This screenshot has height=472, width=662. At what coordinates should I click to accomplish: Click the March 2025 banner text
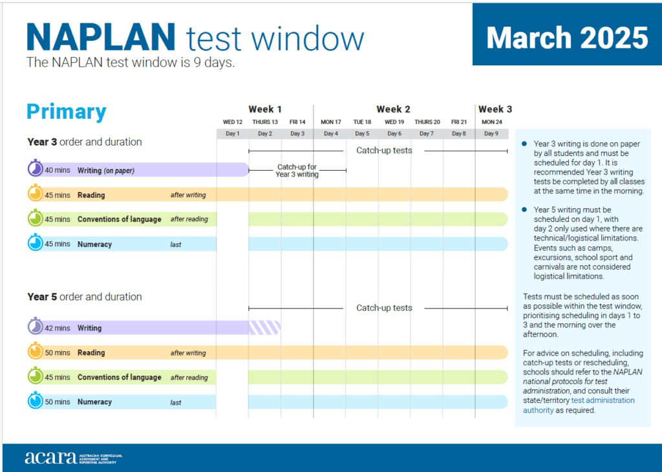567,38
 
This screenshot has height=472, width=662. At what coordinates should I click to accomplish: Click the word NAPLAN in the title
101,38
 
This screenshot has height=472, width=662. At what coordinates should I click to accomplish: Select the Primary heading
66,112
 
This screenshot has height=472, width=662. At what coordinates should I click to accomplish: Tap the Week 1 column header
265,109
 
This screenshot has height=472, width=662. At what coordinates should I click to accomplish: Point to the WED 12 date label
233,122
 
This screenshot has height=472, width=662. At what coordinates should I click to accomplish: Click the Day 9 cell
491,134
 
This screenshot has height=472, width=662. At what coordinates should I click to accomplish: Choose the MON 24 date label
491,122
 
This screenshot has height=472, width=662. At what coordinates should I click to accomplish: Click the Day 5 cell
362,134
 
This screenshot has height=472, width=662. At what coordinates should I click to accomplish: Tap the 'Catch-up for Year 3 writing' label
297,171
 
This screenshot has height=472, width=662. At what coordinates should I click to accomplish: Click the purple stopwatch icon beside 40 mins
35,169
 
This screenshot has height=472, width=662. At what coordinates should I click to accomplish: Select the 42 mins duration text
58,328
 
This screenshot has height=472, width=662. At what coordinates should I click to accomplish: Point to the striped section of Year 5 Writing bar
264,327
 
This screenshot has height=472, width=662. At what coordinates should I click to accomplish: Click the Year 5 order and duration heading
84,297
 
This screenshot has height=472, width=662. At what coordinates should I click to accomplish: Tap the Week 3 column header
495,109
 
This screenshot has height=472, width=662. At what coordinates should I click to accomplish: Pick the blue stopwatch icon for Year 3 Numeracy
35,244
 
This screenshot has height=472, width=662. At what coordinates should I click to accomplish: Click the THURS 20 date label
427,122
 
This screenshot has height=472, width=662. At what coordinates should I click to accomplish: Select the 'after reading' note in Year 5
189,378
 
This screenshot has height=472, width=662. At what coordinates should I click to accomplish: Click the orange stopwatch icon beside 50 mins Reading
35,352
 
